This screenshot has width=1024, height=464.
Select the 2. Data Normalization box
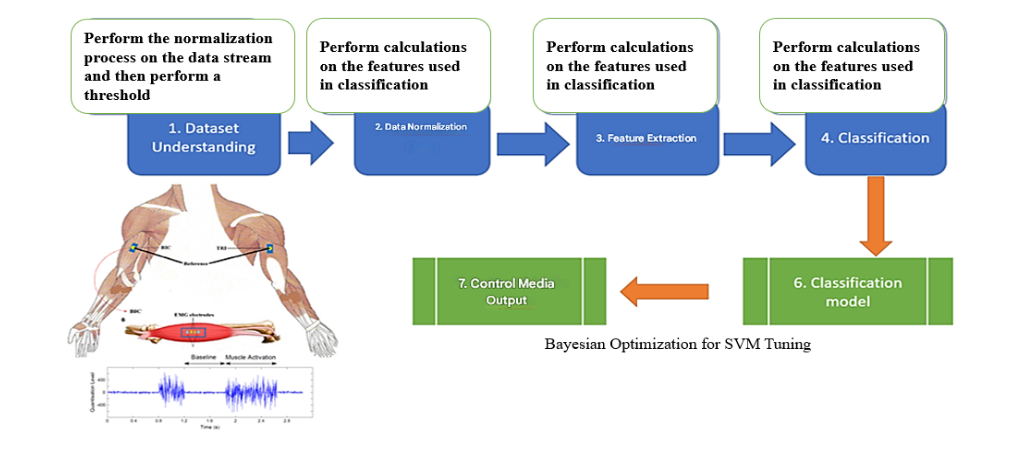[420, 140]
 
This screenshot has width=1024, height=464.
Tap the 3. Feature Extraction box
[645, 140]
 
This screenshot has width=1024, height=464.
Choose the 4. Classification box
[874, 140]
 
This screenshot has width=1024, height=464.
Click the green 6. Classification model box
[848, 291]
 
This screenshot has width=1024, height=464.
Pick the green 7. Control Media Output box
[510, 291]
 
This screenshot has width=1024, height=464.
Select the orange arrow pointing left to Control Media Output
[664, 292]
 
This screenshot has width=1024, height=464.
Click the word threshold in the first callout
[117, 95]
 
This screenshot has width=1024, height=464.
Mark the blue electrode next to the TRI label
[268, 248]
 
